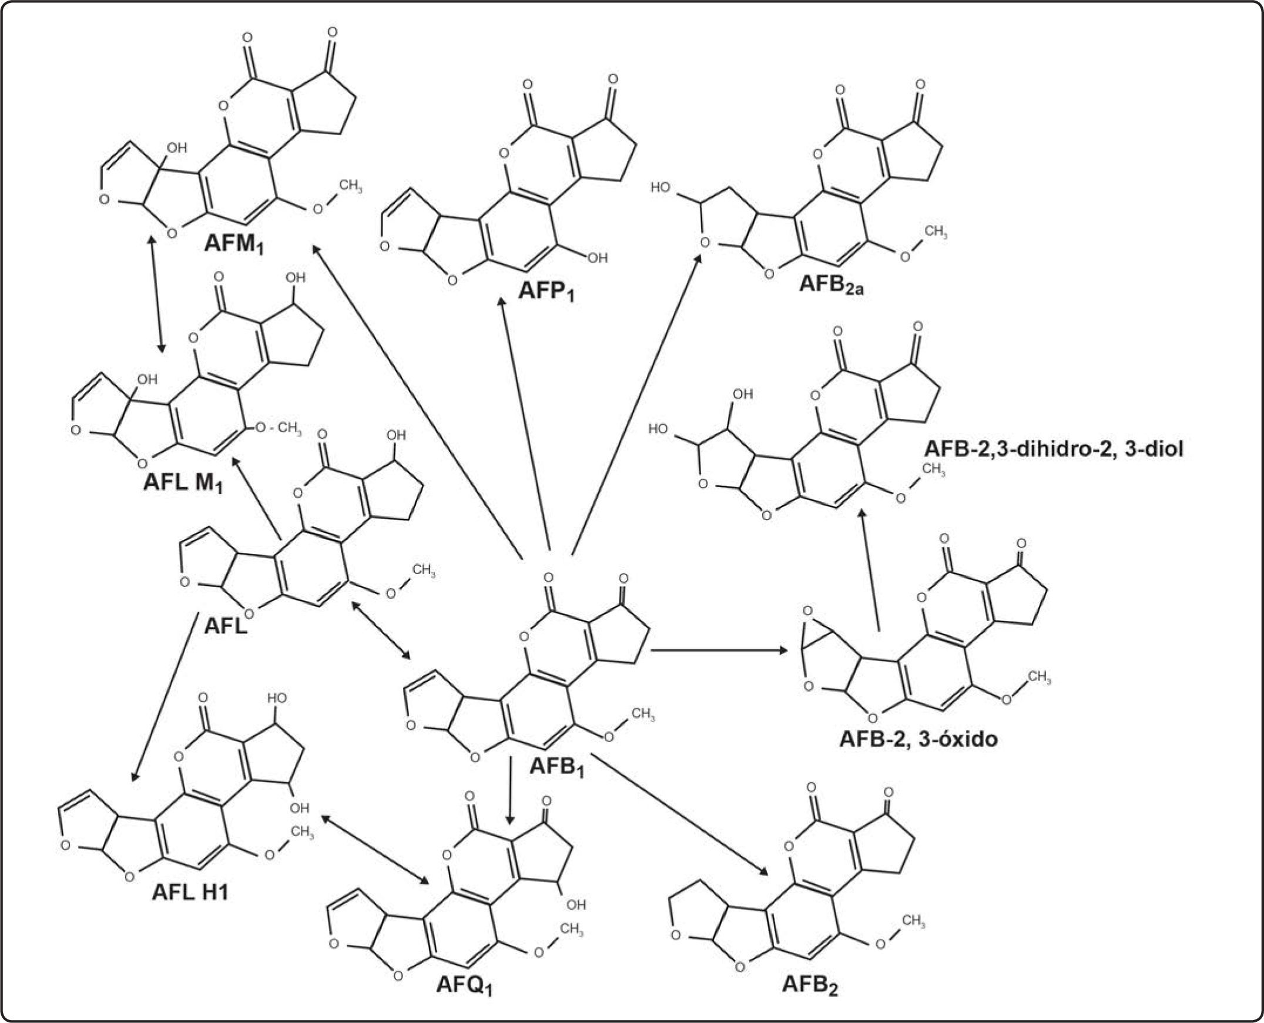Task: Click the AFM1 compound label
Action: point(233,244)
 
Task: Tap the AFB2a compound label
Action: point(831,285)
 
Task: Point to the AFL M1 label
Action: point(183,484)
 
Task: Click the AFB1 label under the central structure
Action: point(556,767)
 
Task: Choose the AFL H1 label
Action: point(190,891)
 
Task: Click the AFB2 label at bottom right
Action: point(810,985)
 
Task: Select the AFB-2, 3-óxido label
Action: point(918,739)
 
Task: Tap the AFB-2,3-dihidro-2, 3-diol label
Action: point(1053,449)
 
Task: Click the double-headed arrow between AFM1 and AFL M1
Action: point(157,294)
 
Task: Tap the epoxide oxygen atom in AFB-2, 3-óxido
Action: point(807,611)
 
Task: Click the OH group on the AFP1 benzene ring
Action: point(597,258)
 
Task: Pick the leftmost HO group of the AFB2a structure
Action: point(660,187)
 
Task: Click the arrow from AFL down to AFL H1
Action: point(164,696)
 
